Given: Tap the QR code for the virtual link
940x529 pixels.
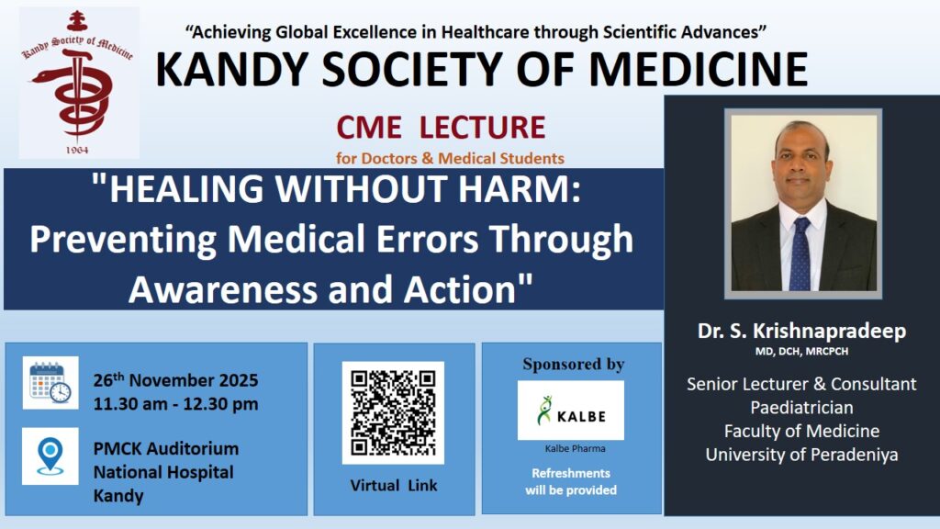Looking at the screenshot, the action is click(393, 412).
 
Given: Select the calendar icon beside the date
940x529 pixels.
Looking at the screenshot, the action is click(50, 383).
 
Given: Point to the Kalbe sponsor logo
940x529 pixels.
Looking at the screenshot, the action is click(571, 411).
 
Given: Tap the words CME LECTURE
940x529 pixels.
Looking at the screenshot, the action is click(441, 127).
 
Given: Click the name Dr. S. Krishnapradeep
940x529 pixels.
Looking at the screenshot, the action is click(801, 331).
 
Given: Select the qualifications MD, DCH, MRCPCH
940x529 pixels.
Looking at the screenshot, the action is click(801, 352).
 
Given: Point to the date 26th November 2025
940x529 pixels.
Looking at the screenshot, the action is click(175, 379).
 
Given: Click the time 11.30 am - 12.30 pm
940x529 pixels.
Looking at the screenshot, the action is click(175, 404).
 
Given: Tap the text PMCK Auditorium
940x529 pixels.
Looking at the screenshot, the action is click(166, 448).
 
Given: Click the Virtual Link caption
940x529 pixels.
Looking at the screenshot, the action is click(393, 485).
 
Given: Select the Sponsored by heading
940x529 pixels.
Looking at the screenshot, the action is click(573, 364).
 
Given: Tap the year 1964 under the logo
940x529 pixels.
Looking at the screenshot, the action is click(77, 150).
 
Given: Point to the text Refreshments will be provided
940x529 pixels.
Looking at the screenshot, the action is click(571, 481).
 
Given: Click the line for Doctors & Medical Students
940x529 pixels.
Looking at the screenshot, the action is click(450, 158).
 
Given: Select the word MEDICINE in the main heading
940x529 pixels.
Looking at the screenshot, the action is click(699, 69).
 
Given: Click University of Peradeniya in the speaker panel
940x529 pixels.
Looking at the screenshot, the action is click(801, 455).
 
